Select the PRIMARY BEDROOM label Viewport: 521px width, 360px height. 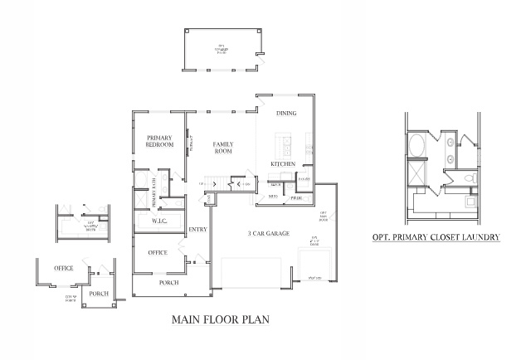(159, 141)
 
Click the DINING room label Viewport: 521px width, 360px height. (286, 113)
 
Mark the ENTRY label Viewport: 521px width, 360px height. (197, 229)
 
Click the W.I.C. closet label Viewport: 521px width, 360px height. (160, 221)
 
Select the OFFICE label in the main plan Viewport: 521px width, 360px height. (158, 252)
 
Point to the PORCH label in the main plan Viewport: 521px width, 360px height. (158, 282)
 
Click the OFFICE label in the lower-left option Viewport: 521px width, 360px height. (63, 268)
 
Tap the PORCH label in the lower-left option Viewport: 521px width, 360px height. (99, 292)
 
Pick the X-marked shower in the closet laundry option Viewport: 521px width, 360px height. (416, 176)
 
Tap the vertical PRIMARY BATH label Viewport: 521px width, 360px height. (153, 197)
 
